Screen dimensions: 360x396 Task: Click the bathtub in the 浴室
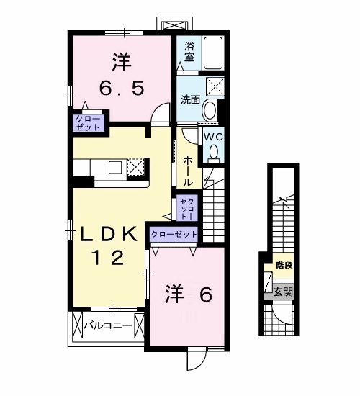[x=213, y=53]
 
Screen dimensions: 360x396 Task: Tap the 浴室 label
[x=189, y=52]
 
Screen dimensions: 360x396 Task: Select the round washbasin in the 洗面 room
[x=210, y=110]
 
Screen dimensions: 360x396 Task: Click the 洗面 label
[x=190, y=100]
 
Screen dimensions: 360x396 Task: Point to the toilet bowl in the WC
[x=215, y=151]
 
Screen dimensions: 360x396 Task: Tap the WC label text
[x=214, y=137]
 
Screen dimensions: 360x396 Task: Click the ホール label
[x=188, y=171]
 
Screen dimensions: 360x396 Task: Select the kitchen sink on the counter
[x=115, y=167]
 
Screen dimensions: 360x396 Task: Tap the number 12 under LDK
[x=109, y=258]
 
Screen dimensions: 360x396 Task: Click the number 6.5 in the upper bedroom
[x=122, y=88]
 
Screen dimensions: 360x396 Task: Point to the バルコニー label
[x=109, y=325]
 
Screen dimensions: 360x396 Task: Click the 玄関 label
[x=284, y=292]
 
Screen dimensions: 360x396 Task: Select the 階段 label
[x=284, y=265]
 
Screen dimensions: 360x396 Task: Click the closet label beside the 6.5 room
[x=88, y=123]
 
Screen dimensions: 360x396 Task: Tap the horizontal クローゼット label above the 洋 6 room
[x=174, y=235]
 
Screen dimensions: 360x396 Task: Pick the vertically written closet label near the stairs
[x=187, y=209]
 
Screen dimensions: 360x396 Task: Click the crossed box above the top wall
[x=174, y=26]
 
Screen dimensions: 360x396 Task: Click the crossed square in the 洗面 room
[x=215, y=87]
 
